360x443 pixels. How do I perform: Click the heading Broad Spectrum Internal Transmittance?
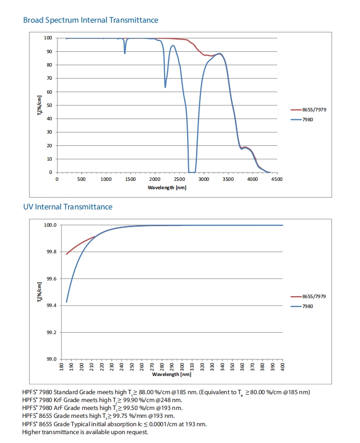(x=91, y=20)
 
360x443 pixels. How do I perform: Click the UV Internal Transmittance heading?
(x=67, y=207)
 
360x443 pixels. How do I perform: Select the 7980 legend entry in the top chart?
(x=308, y=119)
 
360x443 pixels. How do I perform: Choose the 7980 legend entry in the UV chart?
(x=308, y=306)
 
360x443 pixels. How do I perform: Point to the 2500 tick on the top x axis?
(x=180, y=179)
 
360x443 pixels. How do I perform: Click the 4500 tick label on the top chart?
(x=277, y=179)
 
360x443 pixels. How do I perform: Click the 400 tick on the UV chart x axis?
(x=283, y=367)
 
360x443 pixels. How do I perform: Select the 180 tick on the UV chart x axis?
(x=62, y=367)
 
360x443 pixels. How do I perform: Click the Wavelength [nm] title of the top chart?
(x=167, y=188)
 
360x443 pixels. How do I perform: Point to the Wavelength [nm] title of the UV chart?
(x=172, y=375)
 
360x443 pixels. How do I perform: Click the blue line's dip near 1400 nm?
(x=125, y=53)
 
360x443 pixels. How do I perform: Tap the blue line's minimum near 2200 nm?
(x=165, y=87)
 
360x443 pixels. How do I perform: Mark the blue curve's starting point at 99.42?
(x=66, y=302)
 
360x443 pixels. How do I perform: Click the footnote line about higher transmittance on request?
(x=85, y=432)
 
